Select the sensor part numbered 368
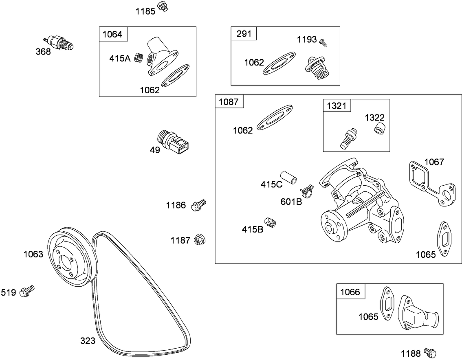[x=59, y=42]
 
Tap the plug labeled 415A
[x=139, y=58]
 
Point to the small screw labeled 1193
[x=323, y=42]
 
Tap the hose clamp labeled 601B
[x=307, y=190]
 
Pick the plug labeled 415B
[x=271, y=222]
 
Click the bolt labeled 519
[x=27, y=290]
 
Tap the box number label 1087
[x=229, y=102]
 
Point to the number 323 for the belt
[x=88, y=341]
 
